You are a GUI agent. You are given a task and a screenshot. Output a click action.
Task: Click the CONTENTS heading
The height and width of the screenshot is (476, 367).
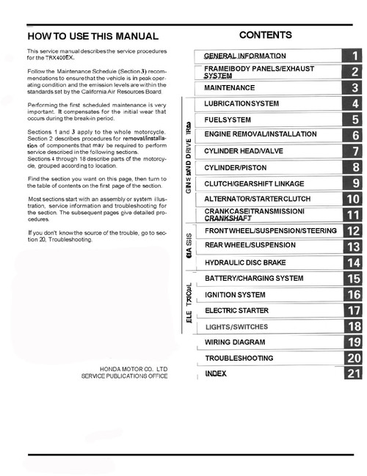[x=265, y=35]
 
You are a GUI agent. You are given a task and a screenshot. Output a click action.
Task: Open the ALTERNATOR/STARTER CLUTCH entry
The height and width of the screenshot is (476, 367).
[x=251, y=199]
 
